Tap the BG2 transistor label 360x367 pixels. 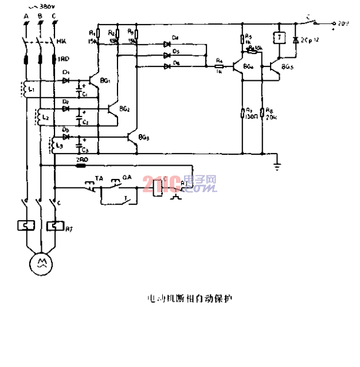124,108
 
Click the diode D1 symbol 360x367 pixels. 66,80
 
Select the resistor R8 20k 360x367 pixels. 262,112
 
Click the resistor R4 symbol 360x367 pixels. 219,66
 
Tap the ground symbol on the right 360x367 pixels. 277,166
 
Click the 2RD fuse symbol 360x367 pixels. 81,166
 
